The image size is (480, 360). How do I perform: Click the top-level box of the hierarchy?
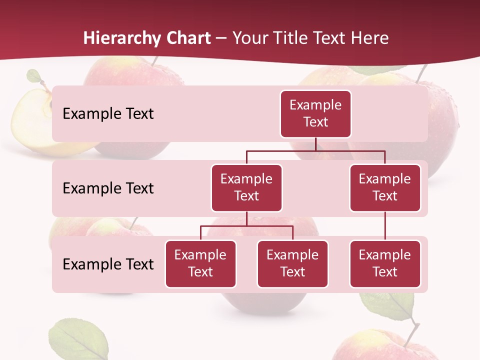click(x=315, y=114)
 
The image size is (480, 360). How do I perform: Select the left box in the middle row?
click(x=246, y=188)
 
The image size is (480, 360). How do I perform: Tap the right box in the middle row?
click(x=385, y=188)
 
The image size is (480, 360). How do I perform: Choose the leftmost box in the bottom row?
click(x=200, y=264)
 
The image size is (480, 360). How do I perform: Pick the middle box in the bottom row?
click(x=292, y=264)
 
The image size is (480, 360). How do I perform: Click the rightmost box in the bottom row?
click(x=385, y=264)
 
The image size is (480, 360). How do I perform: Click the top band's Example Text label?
click(x=108, y=114)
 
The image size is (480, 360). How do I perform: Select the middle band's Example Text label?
click(x=108, y=188)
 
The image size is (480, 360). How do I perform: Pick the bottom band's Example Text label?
click(x=108, y=264)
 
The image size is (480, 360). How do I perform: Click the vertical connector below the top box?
click(x=315, y=144)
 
